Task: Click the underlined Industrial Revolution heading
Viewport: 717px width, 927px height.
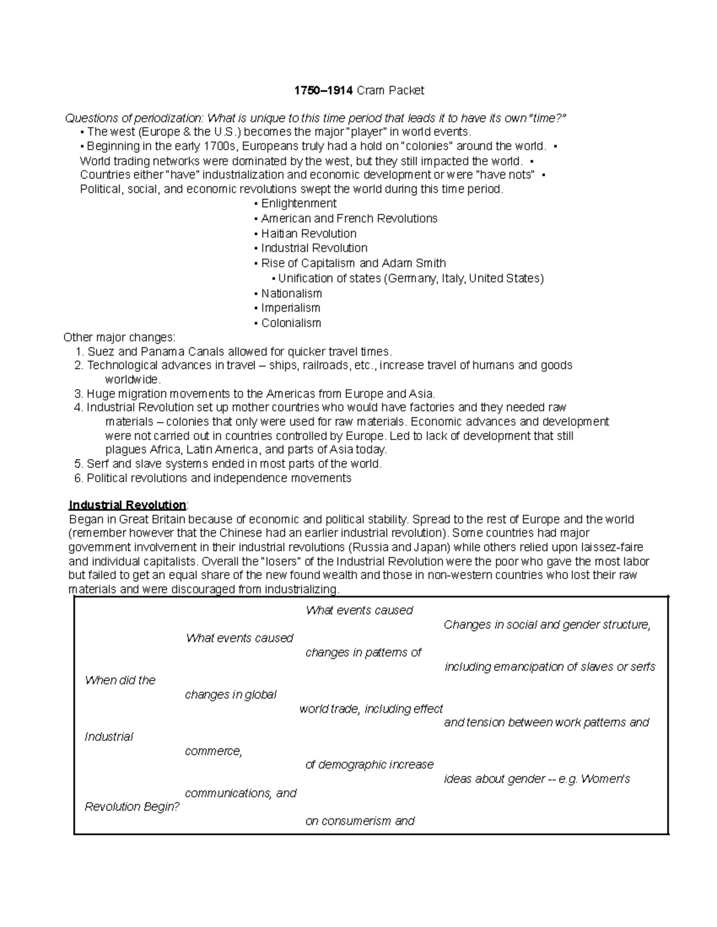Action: tap(128, 504)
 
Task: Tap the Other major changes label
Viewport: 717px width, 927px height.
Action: tap(119, 337)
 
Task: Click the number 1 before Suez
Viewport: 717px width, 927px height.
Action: tap(78, 352)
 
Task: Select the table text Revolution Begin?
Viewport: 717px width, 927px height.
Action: tap(132, 806)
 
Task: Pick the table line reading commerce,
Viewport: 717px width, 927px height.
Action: tap(213, 751)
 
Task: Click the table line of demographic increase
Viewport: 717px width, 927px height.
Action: tap(369, 765)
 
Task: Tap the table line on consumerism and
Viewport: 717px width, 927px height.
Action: tap(360, 821)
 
